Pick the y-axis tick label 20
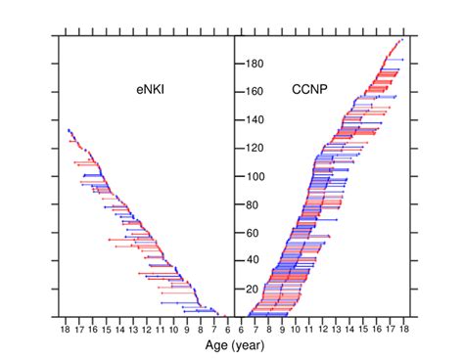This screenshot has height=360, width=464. tap(253, 289)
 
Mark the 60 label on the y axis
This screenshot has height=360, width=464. tap(253, 233)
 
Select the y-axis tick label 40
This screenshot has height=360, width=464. tap(253, 260)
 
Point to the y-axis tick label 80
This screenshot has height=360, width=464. tap(253, 204)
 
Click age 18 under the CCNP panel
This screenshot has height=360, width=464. tap(402, 329)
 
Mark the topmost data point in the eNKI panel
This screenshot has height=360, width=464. tap(68, 129)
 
